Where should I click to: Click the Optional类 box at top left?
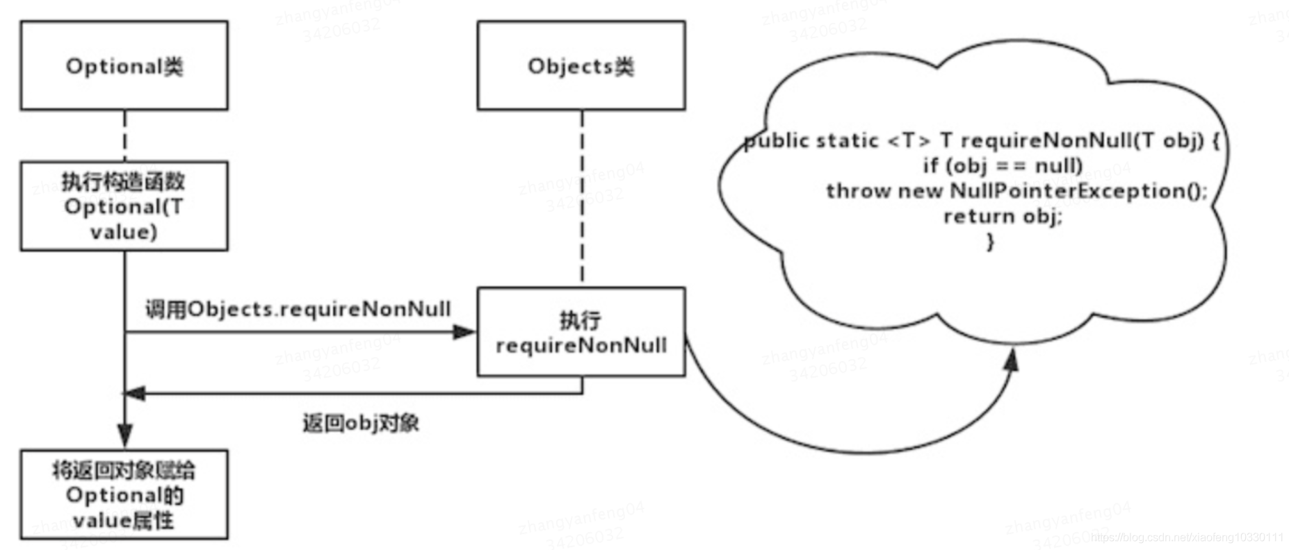coord(124,65)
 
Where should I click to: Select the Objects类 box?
coord(581,65)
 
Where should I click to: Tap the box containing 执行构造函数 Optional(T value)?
coord(124,206)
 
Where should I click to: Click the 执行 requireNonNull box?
coord(581,332)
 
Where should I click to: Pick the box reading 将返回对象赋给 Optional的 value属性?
coord(124,494)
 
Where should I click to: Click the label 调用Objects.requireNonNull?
coord(298,309)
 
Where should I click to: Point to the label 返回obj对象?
coord(360,423)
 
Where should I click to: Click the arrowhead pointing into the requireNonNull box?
coord(464,332)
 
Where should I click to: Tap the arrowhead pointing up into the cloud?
coord(1012,360)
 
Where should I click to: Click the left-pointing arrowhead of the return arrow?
coord(135,394)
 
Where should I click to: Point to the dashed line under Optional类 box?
coord(124,135)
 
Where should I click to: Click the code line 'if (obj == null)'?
coord(1002,165)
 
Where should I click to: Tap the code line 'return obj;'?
coord(1002,217)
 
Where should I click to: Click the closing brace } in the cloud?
coord(990,241)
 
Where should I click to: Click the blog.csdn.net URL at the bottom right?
coord(1186,537)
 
